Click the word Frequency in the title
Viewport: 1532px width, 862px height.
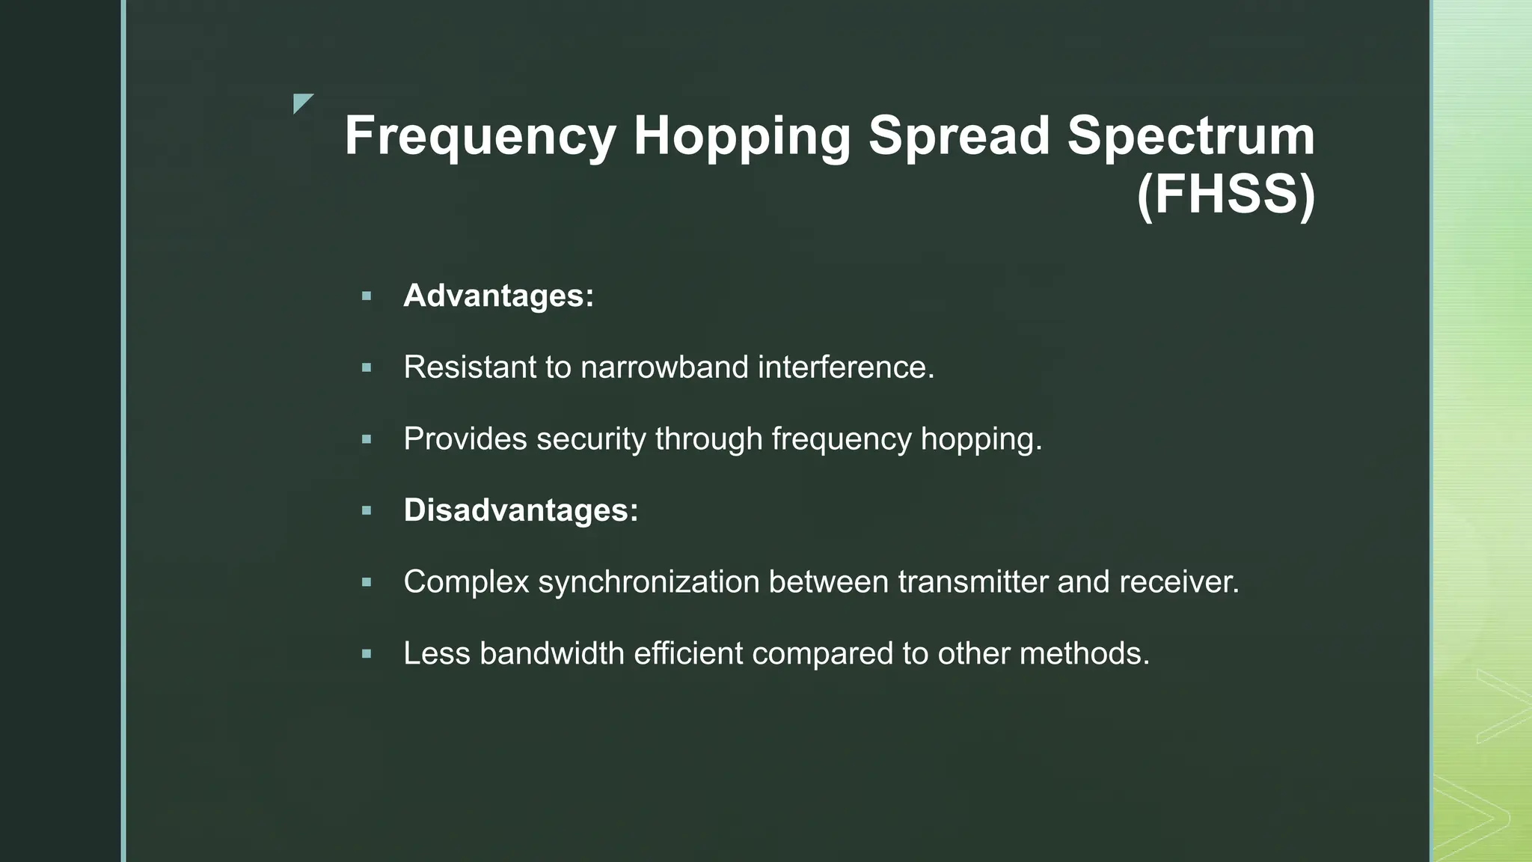(480, 136)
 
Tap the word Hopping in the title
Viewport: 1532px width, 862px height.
(741, 136)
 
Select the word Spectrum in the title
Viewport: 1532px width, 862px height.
(1190, 136)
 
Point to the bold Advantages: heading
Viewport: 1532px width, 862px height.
(498, 296)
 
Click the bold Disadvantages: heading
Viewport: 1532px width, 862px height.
(521, 510)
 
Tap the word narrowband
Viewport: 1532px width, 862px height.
(664, 367)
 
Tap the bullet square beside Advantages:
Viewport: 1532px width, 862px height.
(366, 296)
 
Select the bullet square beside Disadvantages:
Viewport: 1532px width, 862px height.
(366, 511)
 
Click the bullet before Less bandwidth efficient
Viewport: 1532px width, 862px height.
(366, 654)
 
